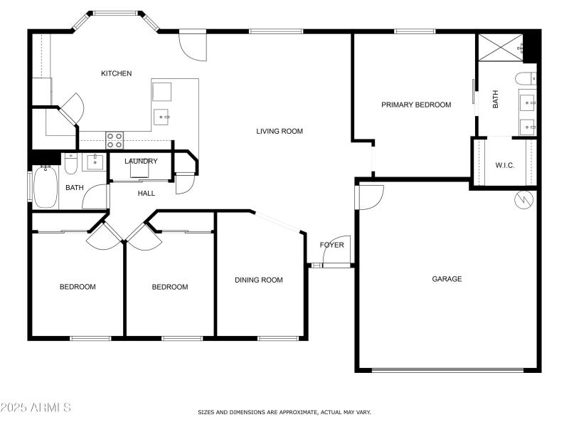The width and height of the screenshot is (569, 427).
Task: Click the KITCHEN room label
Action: (x=116, y=73)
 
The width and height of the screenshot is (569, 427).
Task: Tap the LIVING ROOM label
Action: (x=280, y=131)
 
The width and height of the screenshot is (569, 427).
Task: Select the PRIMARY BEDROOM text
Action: (x=416, y=105)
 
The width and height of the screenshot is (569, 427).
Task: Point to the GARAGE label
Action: (x=447, y=279)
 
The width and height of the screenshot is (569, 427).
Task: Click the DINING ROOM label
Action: (x=258, y=280)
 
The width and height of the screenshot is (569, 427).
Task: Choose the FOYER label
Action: (x=331, y=245)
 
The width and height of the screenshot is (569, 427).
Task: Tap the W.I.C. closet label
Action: (x=504, y=165)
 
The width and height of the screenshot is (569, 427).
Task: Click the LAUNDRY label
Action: (x=141, y=161)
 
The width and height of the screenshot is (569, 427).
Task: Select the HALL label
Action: (x=146, y=193)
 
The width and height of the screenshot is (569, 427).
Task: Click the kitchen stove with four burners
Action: (x=115, y=139)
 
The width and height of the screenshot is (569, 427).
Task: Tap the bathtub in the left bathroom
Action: (x=45, y=187)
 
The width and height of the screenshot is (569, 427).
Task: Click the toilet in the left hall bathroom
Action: (x=70, y=164)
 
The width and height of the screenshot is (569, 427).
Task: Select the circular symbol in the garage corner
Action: (x=524, y=201)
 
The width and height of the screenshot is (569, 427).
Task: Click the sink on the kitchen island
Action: (x=162, y=115)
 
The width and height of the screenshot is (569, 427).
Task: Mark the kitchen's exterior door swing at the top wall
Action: (x=192, y=47)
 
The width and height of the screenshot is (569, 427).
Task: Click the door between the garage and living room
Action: (x=371, y=195)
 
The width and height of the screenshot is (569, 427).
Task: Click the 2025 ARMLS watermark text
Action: (x=36, y=408)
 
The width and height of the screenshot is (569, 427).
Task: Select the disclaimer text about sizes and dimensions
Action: (x=284, y=412)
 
